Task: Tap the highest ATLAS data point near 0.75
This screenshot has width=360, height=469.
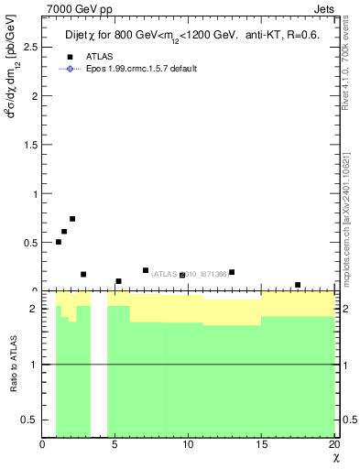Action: pos(72,219)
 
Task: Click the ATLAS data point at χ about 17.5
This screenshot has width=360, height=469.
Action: pos(298,285)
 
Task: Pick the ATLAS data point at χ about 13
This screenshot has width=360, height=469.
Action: pos(232,272)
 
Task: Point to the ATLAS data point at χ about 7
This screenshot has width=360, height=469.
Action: pos(146,270)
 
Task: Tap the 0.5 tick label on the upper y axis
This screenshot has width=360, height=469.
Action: pos(29,243)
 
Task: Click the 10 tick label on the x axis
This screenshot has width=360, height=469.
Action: pos(188,445)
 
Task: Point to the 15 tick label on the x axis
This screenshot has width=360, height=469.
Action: pos(261,445)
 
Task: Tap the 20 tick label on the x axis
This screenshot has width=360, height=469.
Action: pos(333,445)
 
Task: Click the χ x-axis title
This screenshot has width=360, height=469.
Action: pos(334,458)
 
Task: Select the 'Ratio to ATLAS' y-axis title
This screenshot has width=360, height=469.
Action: pos(12,364)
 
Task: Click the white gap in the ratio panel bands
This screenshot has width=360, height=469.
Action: pos(99,366)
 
